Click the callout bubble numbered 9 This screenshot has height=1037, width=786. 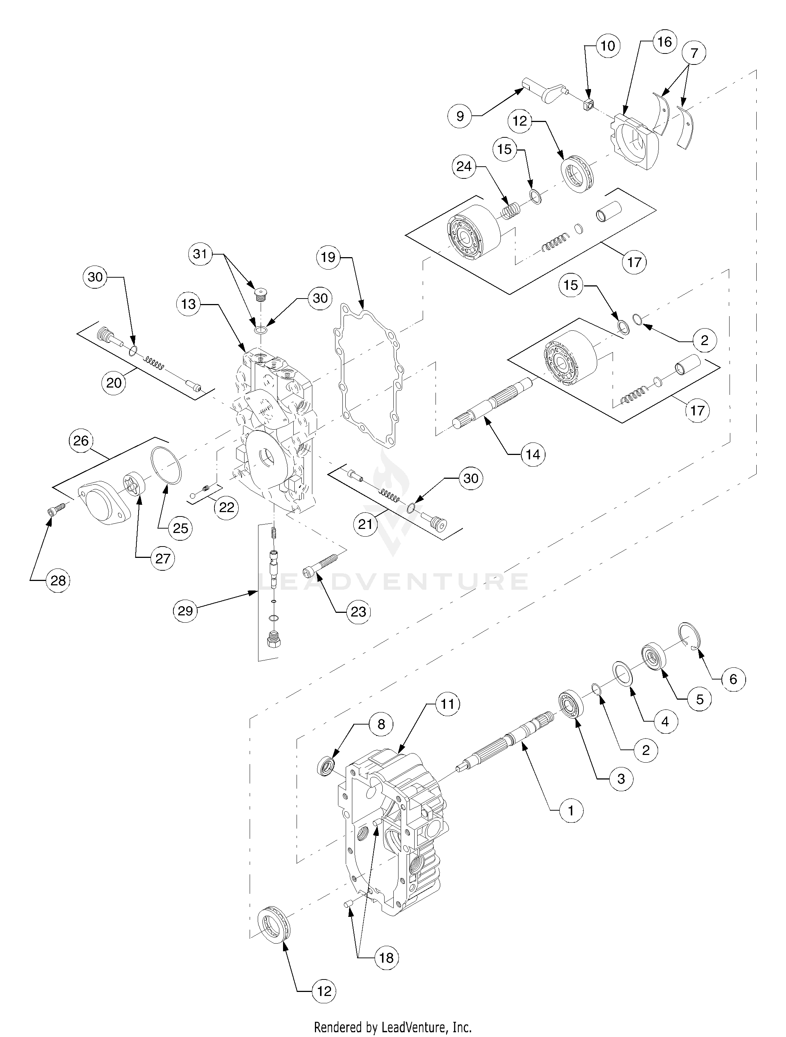coord(460,116)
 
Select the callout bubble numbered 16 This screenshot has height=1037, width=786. coord(664,42)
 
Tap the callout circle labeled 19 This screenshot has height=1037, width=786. coord(328,258)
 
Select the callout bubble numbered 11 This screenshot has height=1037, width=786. coord(448,704)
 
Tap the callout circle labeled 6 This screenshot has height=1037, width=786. coord(733,679)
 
